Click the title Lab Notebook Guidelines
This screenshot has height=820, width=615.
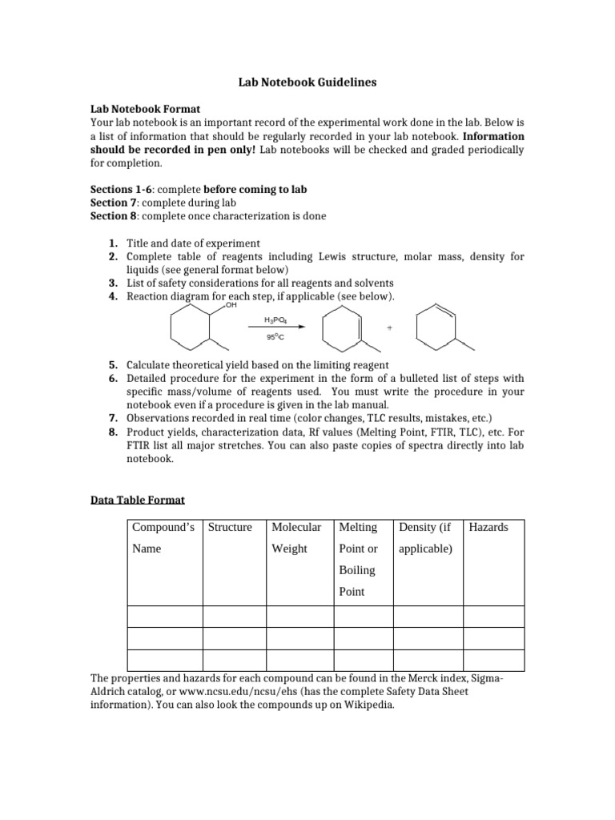307,82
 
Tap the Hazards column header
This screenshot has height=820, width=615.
488,527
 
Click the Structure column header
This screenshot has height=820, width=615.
230,527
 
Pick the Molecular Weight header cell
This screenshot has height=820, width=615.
296,537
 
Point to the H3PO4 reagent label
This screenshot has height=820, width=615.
276,320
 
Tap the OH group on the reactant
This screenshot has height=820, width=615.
231,305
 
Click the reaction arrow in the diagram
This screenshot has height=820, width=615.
277,328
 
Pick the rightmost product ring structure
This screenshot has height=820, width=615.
439,327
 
